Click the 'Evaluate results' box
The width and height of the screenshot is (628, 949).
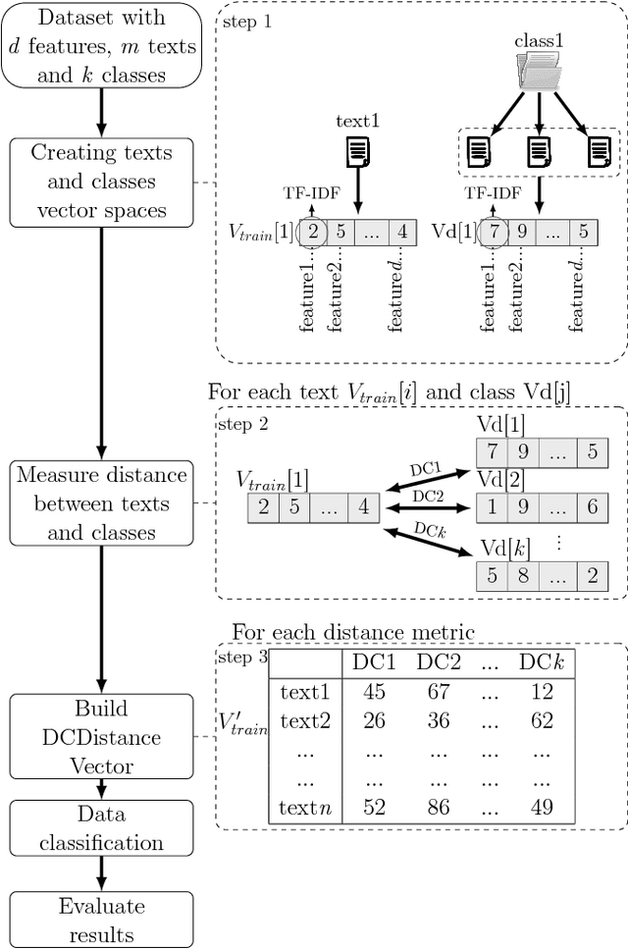point(102,920)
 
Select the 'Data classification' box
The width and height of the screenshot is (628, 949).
point(102,828)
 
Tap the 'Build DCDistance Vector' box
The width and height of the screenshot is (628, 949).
point(102,736)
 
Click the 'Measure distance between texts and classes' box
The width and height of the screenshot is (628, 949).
point(102,503)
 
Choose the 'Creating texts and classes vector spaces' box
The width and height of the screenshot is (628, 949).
point(102,182)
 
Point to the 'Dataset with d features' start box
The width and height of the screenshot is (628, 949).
point(102,44)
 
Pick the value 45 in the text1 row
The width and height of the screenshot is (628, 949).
point(374,692)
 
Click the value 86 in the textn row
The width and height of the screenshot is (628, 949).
point(439,808)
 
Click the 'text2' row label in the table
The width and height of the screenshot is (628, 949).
point(305,721)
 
